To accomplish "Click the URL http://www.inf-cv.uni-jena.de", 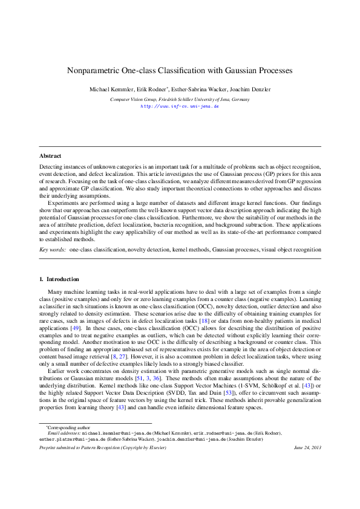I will [x=180, y=105].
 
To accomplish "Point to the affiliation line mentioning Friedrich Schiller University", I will [x=180, y=99].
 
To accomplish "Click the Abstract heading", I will [x=50, y=156].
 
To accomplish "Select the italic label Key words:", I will [x=53, y=249].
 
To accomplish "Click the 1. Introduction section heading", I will [x=59, y=279].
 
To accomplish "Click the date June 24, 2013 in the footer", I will [x=307, y=447].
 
